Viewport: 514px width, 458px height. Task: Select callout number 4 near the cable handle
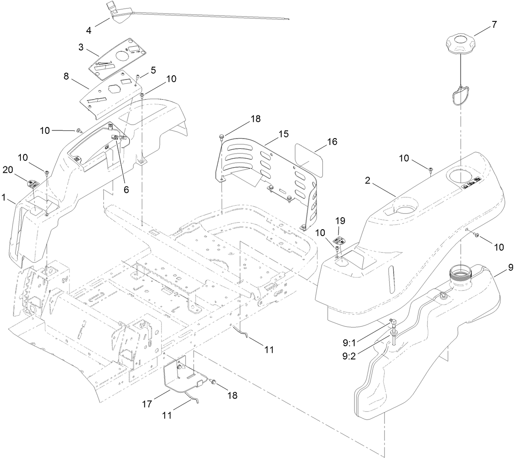(x=89, y=30)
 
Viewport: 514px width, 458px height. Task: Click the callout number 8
(x=66, y=77)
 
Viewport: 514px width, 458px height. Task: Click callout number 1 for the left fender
(x=4, y=198)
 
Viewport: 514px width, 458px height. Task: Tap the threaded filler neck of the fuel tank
(x=461, y=272)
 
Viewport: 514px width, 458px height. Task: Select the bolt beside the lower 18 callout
(x=214, y=381)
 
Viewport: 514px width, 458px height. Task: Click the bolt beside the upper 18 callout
(x=221, y=136)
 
